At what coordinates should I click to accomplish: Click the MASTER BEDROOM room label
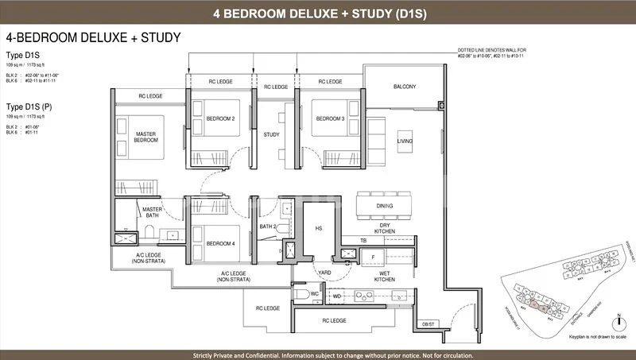coord(145,137)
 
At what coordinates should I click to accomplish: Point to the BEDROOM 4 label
coord(219,243)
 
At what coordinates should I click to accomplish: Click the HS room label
coord(318,228)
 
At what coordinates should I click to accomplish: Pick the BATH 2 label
coord(269,227)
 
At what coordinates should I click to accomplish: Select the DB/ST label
coord(429,323)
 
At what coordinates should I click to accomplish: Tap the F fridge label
coord(372,257)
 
